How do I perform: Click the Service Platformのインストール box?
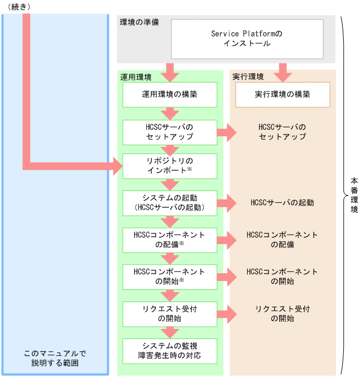click(247, 39)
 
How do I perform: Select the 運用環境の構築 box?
click(170, 94)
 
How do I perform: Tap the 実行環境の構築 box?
click(282, 94)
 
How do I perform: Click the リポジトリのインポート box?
click(170, 166)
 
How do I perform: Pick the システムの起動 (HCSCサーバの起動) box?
click(170, 203)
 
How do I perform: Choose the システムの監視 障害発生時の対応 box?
click(170, 350)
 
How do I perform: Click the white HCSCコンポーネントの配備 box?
click(170, 240)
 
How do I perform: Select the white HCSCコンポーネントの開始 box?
click(170, 276)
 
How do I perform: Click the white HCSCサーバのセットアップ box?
click(170, 132)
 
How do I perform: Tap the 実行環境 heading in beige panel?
click(248, 77)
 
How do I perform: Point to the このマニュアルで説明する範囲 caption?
click(55, 359)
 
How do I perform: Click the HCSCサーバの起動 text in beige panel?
click(282, 203)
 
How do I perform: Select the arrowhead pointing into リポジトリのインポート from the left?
click(116, 166)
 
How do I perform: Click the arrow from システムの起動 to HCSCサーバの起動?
click(225, 203)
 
